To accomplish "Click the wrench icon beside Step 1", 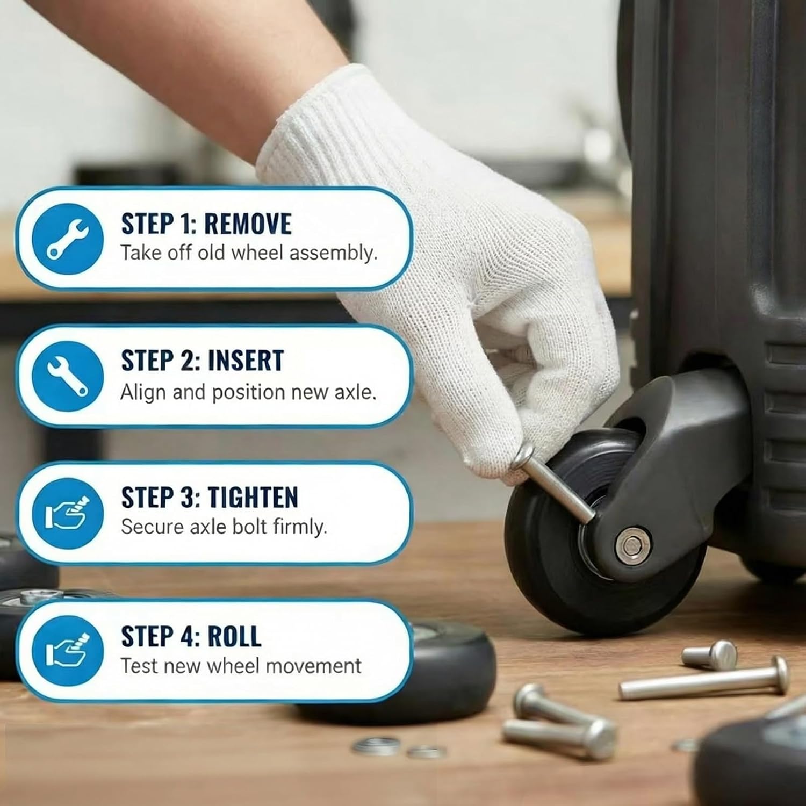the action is (68, 238).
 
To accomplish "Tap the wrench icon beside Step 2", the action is (68, 377).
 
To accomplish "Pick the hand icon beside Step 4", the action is (68, 651).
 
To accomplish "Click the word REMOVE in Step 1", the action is (248, 224).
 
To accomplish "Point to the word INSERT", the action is (246, 361).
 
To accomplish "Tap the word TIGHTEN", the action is (253, 497).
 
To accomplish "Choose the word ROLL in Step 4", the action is (234, 636).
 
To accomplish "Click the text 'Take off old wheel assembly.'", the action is (249, 253).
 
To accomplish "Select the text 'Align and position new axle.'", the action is (248, 392).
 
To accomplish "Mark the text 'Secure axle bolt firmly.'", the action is (224, 527).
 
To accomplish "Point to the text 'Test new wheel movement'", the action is (241, 666).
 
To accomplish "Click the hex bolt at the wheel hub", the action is (634, 544).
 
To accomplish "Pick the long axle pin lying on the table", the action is (704, 679).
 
